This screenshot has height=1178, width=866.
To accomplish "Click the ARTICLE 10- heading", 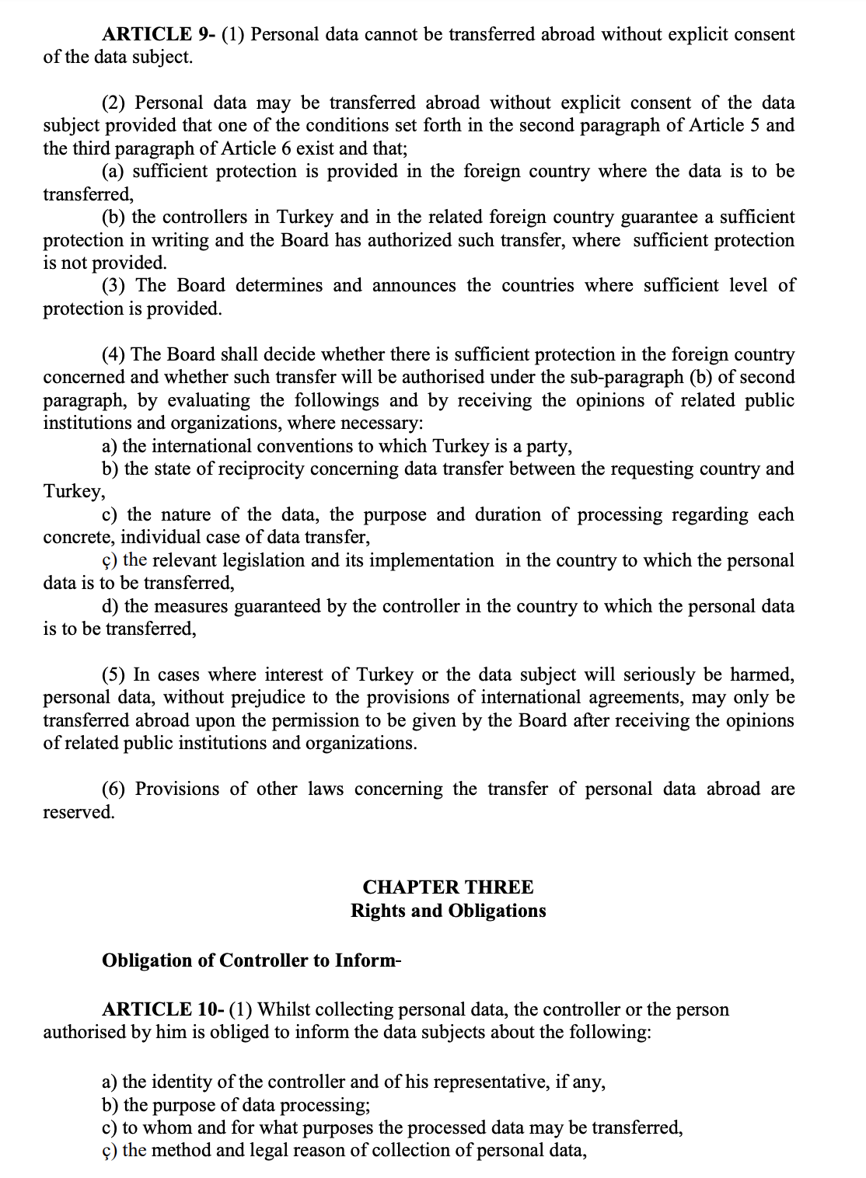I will tap(164, 1009).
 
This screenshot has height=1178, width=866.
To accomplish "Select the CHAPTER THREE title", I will tap(448, 887).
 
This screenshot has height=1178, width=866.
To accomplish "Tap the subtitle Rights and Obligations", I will tap(448, 911).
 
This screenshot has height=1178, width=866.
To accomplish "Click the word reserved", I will tap(79, 813).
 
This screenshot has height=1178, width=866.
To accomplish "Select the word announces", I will tap(414, 286).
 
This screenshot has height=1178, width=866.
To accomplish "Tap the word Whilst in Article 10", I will tap(284, 1009).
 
